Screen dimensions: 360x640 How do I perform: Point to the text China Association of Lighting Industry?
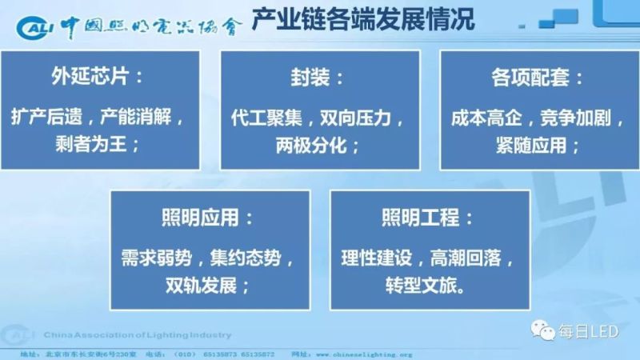click(x=137, y=334)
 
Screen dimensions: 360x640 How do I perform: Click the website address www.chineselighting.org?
click(x=364, y=354)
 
